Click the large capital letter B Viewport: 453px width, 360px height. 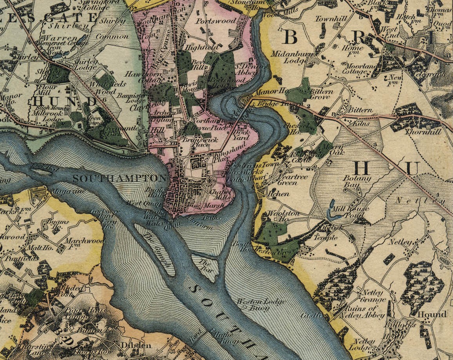(x=290, y=37)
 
